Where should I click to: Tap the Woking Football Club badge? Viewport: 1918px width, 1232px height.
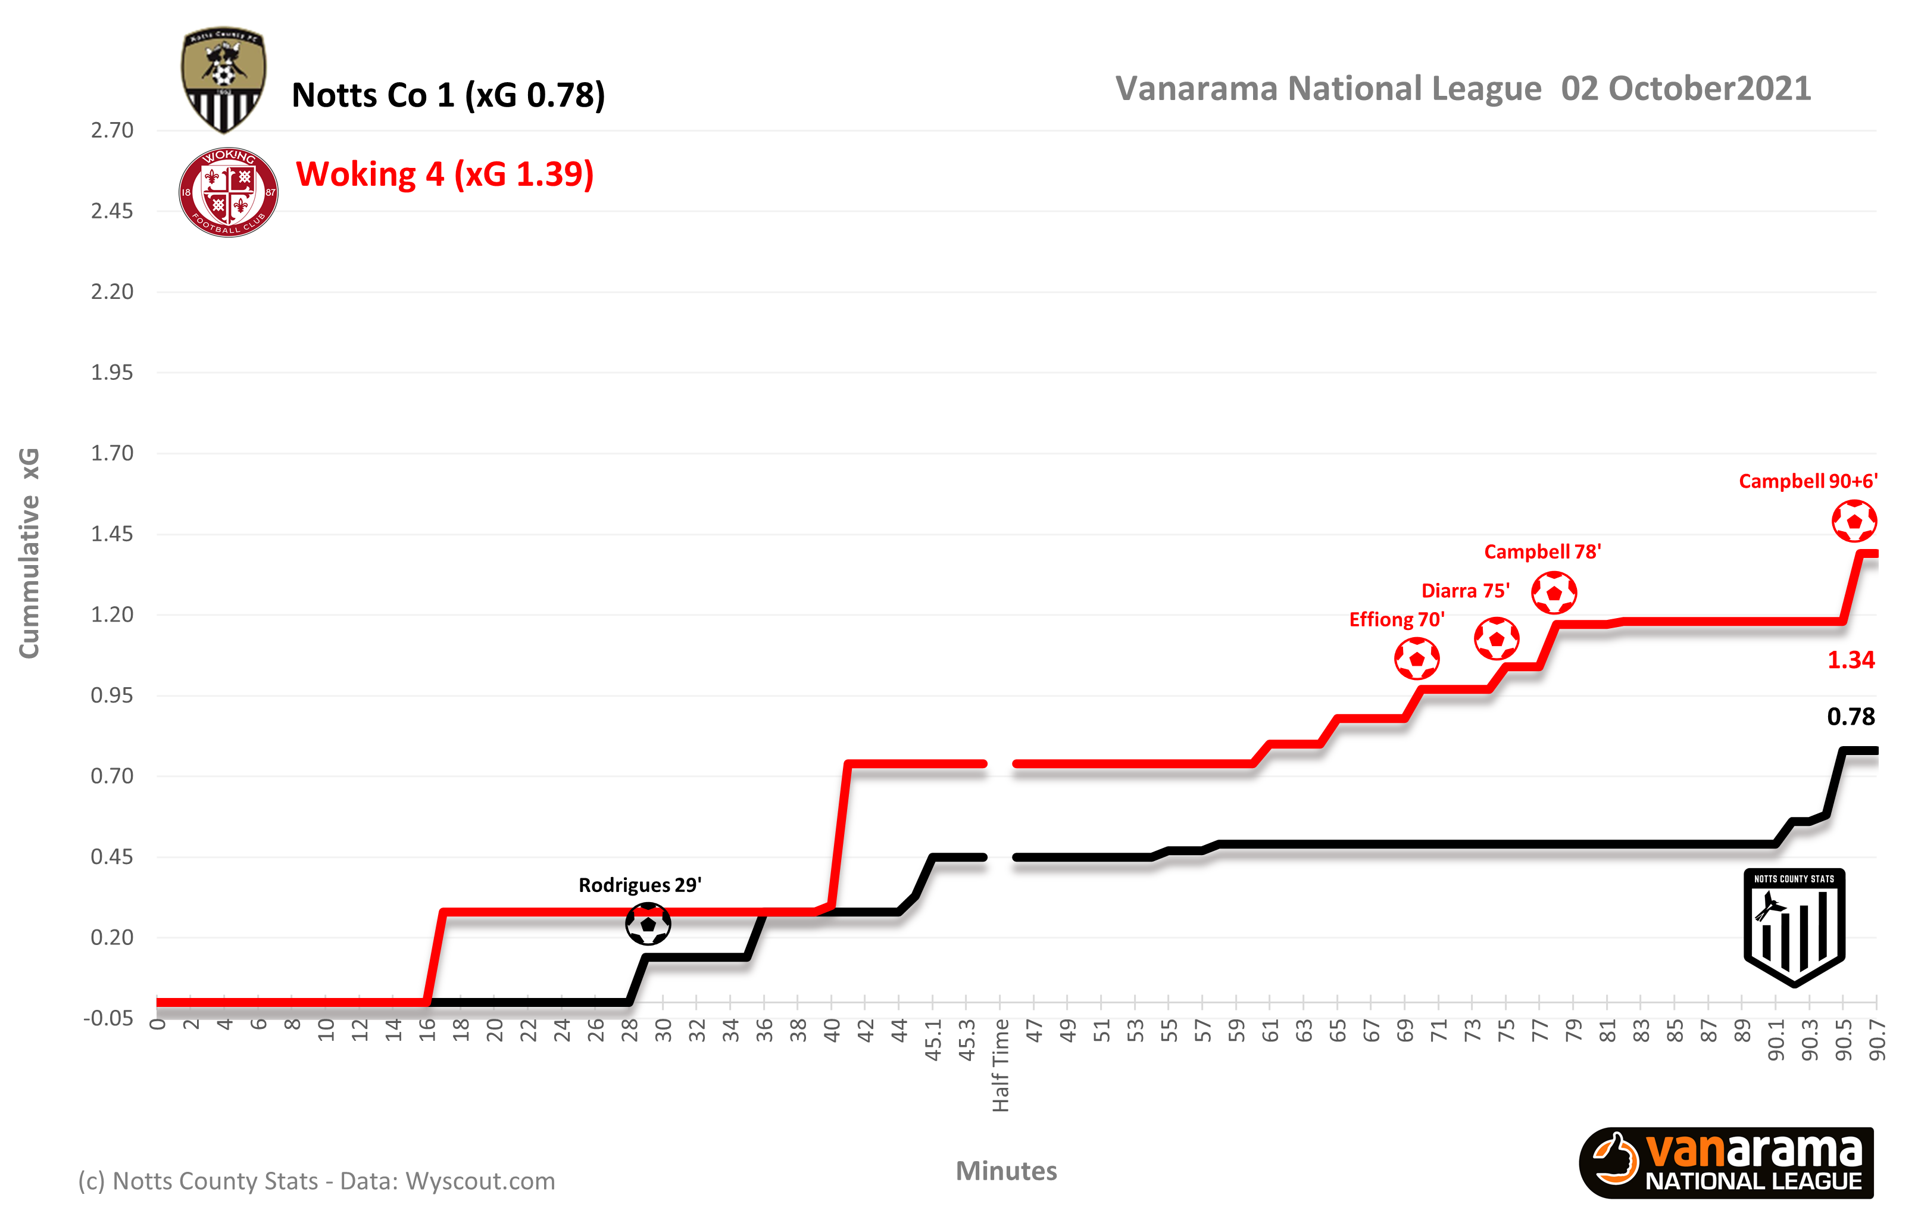[228, 192]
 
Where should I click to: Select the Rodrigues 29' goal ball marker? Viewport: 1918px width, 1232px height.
[647, 924]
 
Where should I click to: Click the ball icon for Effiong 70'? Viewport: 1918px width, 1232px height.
[1417, 659]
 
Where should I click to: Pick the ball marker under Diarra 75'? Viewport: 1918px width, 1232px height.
[1496, 638]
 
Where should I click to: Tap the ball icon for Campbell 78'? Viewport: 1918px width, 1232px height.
[1553, 593]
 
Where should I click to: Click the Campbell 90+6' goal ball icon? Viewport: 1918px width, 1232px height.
[1854, 521]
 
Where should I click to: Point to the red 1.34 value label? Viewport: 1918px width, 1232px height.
[1851, 660]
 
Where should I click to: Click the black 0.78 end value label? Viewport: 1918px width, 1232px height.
[1851, 717]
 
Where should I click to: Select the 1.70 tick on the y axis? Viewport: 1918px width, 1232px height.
[112, 454]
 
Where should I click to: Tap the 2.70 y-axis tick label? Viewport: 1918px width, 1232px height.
[112, 130]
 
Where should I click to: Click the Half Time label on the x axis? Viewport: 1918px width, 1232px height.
[1001, 1066]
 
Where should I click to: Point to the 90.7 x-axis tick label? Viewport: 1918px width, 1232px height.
[1876, 1041]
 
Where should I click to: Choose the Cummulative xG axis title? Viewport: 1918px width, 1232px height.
[29, 553]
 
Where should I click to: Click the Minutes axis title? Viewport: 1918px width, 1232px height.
[1006, 1171]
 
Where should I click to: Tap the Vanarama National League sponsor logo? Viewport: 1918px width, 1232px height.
[1726, 1163]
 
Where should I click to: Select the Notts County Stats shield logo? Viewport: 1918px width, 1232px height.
[1794, 927]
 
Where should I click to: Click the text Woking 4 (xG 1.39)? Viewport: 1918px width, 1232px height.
[445, 174]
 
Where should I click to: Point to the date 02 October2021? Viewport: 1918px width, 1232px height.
[1685, 89]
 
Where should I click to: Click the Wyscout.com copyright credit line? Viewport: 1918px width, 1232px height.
[316, 1181]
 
